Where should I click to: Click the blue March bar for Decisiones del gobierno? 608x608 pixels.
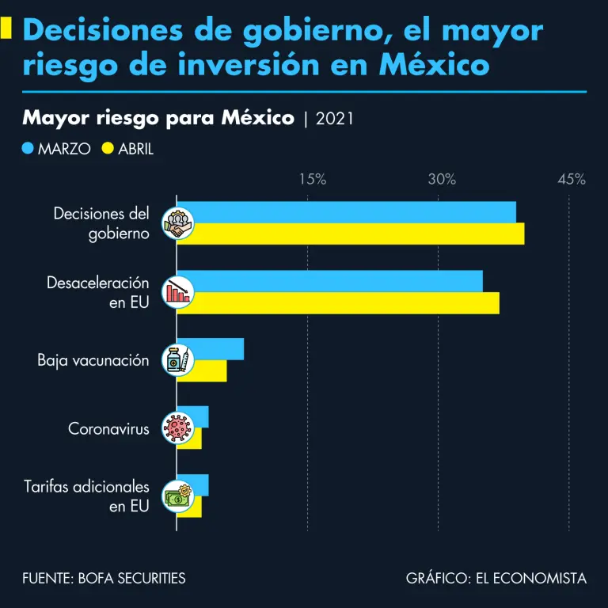pyautogui.click(x=348, y=212)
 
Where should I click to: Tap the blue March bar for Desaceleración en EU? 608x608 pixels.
pyautogui.click(x=332, y=281)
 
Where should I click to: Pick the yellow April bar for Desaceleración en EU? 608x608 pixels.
pyautogui.click(x=340, y=302)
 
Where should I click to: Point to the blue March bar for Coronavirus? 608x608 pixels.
pyautogui.click(x=199, y=417)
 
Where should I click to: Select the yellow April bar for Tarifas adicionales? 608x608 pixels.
pyautogui.click(x=195, y=507)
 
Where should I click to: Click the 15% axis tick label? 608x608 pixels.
pyautogui.click(x=313, y=180)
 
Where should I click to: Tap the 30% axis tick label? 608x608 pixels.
pyautogui.click(x=442, y=180)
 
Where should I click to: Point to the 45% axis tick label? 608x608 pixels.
pyautogui.click(x=571, y=180)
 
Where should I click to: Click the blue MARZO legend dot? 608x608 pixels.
pyautogui.click(x=28, y=148)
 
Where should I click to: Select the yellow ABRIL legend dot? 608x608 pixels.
pyautogui.click(x=108, y=148)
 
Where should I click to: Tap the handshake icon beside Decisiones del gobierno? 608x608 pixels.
pyautogui.click(x=177, y=223)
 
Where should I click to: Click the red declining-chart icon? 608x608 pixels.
pyautogui.click(x=177, y=292)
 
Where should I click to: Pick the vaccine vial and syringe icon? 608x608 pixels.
pyautogui.click(x=177, y=360)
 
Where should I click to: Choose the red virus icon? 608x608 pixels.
pyautogui.click(x=177, y=428)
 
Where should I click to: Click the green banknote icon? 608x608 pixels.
pyautogui.click(x=177, y=496)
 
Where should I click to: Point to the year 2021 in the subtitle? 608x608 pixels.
pyautogui.click(x=334, y=119)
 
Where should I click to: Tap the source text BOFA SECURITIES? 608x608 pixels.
pyautogui.click(x=131, y=579)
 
